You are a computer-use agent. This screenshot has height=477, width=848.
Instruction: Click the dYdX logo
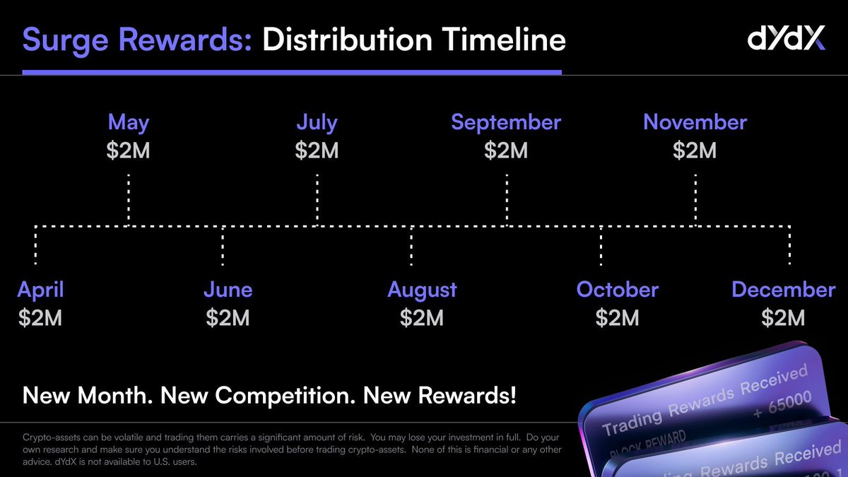(786, 40)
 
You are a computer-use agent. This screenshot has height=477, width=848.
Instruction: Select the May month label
(129, 122)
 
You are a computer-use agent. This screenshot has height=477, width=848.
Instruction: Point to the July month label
(317, 122)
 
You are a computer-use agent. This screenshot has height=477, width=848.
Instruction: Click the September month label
(506, 122)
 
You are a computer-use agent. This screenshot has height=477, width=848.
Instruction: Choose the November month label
(695, 122)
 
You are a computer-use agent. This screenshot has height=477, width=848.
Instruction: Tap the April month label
(40, 290)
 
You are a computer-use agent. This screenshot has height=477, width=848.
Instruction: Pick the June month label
(228, 290)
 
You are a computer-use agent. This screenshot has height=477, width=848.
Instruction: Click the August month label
(422, 290)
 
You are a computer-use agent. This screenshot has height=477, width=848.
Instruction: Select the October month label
(617, 290)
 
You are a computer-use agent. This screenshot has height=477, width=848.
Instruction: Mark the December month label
(783, 290)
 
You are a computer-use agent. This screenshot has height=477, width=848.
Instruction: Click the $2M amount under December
(783, 318)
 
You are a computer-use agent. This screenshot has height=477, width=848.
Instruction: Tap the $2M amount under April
(40, 318)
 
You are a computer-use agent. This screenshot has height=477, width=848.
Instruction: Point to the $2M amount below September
(506, 151)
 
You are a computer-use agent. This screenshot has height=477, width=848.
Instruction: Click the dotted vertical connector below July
(317, 200)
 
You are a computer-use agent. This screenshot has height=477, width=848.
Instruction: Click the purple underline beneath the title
(291, 71)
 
